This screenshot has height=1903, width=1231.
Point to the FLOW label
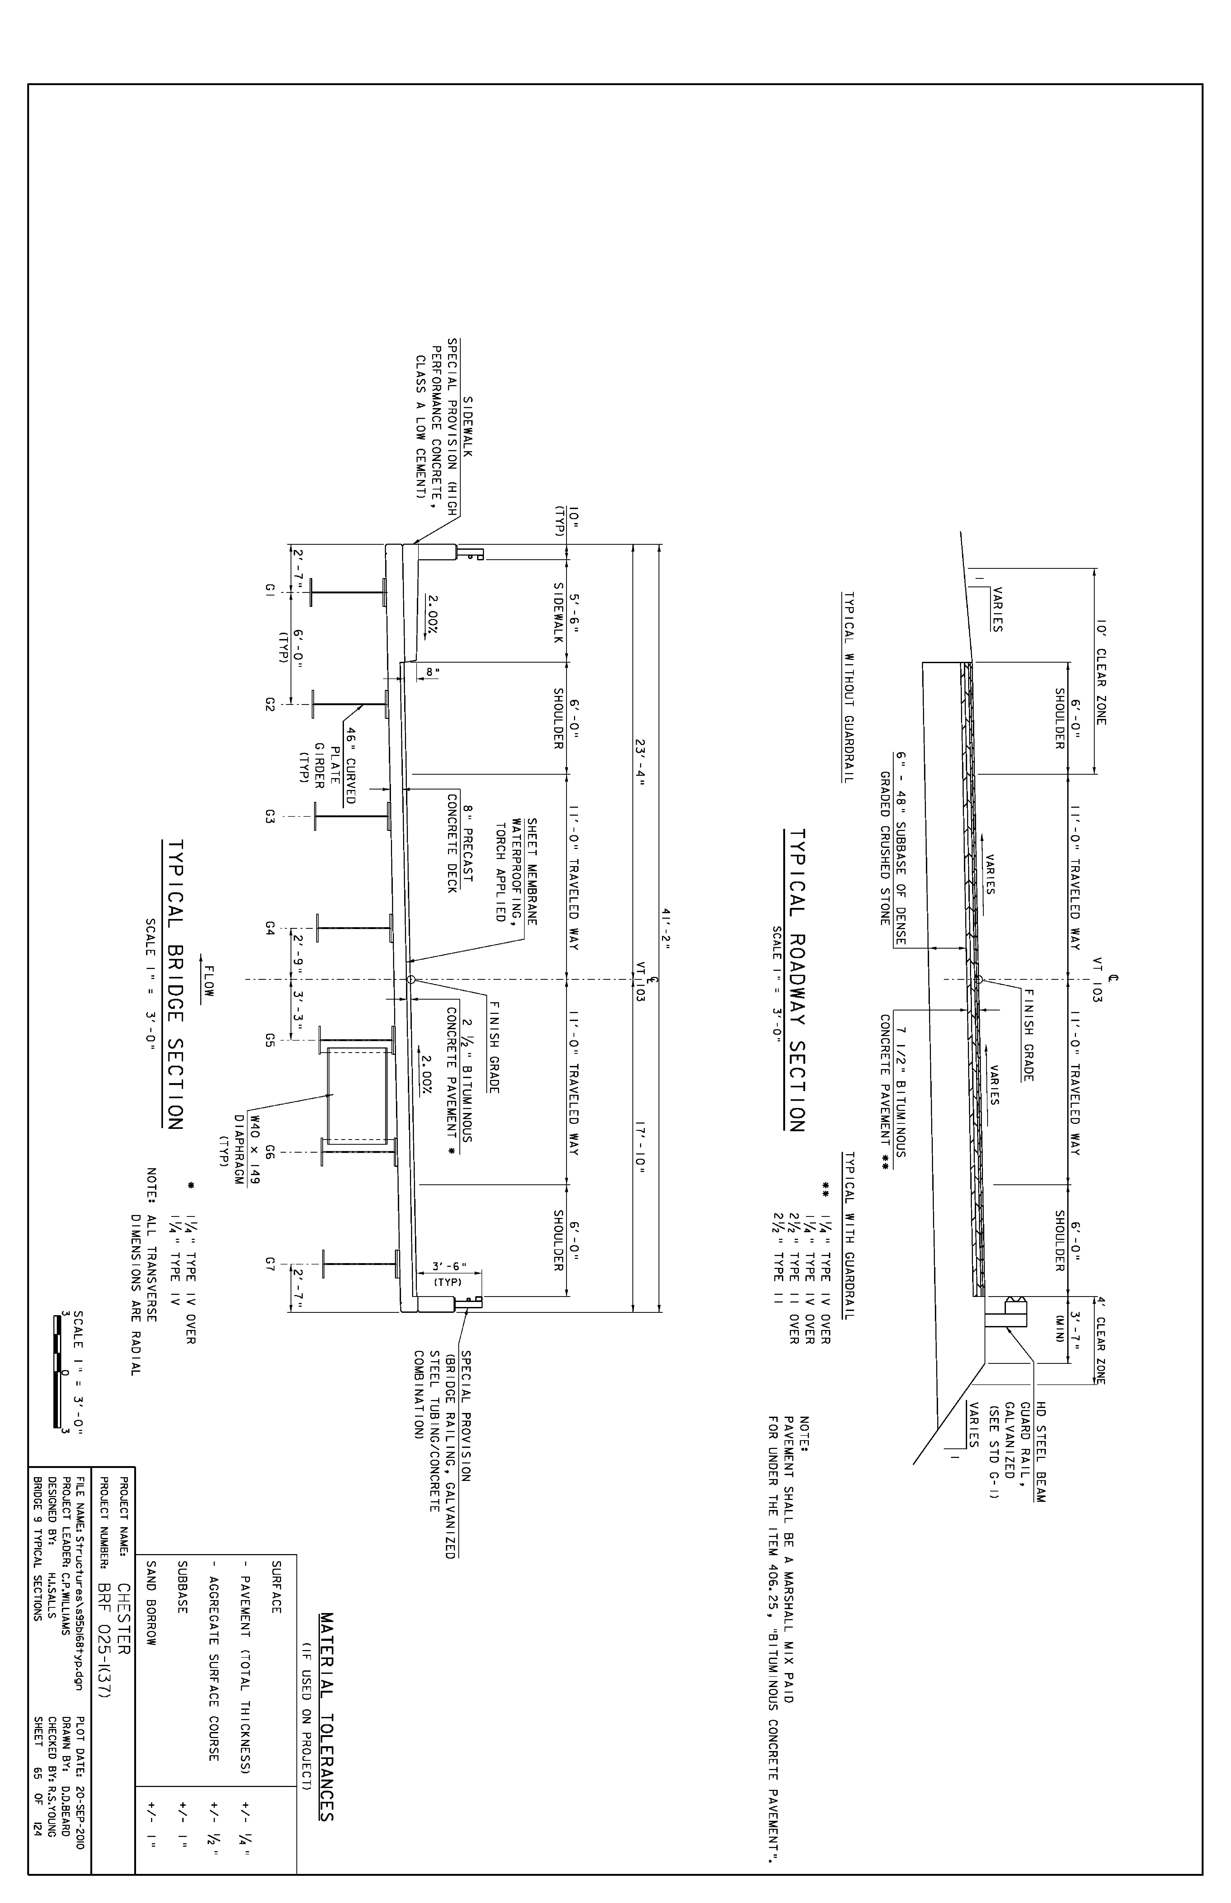tap(209, 977)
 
